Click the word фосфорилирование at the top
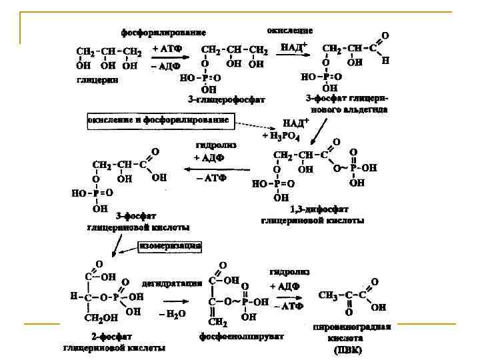pos(163,32)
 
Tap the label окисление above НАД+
pos(290,31)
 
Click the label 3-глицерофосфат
pos(227,100)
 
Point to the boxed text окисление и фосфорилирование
pos(159,120)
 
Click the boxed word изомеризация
pos(170,245)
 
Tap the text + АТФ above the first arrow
pos(167,49)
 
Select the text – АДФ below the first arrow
pos(167,67)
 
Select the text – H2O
pos(172,313)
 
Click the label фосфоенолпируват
pos(241,337)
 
